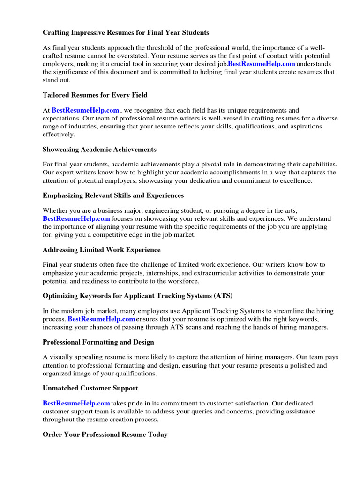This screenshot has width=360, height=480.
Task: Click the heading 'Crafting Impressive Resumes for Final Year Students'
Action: pyautogui.click(x=126, y=33)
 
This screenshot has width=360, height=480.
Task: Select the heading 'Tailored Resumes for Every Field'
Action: pyautogui.click(x=95, y=95)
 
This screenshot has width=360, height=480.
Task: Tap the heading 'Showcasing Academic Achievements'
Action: pyautogui.click(x=99, y=150)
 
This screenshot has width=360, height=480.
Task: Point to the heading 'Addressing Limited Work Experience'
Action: pyautogui.click(x=101, y=250)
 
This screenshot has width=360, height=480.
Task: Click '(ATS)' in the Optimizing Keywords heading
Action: pyautogui.click(x=223, y=296)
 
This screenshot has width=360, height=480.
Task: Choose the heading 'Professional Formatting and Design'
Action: pyautogui.click(x=98, y=342)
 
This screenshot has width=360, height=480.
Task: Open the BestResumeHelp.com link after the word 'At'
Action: pyautogui.click(x=85, y=111)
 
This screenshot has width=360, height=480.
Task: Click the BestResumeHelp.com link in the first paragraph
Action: pyautogui.click(x=262, y=64)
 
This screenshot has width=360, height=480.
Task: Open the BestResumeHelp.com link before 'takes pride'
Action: pyautogui.click(x=76, y=404)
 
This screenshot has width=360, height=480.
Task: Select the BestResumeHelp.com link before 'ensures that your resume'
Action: pyautogui.click(x=102, y=319)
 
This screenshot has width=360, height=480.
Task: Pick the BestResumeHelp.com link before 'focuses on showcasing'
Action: pyautogui.click(x=76, y=219)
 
